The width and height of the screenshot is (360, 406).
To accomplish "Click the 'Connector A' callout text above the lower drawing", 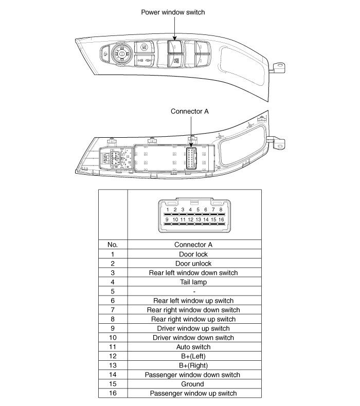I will point(190,111).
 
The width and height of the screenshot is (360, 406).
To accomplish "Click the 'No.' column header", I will point(112,245).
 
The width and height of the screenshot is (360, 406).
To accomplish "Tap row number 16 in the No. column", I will point(112,393).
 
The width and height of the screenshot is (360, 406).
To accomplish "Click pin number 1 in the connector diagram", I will point(168,210).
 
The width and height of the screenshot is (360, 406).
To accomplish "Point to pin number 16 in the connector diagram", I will point(221,220).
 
